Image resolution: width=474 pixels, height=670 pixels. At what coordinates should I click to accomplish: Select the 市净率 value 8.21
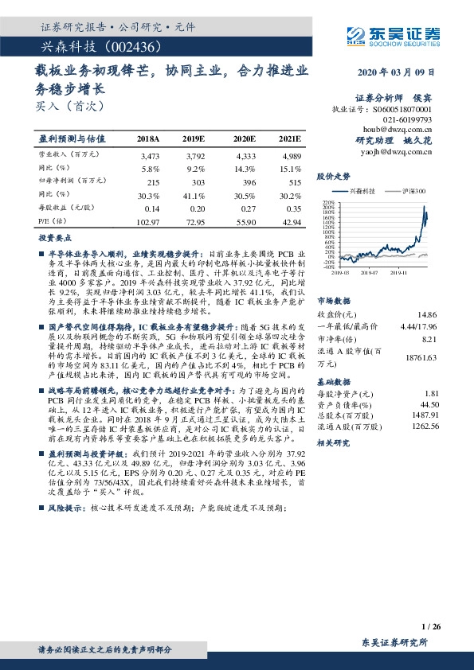pyautogui.click(x=430, y=339)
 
